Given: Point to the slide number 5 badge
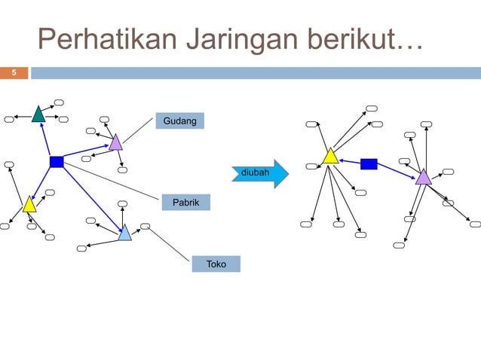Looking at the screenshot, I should (x=14, y=73).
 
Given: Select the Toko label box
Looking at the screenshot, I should (x=216, y=264).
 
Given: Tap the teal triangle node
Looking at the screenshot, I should (x=38, y=114).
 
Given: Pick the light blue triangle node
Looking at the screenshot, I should (x=124, y=233).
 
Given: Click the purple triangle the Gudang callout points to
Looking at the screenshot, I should (x=115, y=142).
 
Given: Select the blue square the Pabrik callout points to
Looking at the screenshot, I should (x=57, y=162).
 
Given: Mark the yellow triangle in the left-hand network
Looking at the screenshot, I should (x=29, y=204).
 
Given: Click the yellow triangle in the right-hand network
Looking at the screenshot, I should (x=330, y=157).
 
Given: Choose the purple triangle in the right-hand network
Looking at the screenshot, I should (x=423, y=177).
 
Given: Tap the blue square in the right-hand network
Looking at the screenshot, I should (x=369, y=163).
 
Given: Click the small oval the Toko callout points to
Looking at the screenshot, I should (x=146, y=225).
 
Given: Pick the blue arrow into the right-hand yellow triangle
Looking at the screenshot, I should (x=350, y=161).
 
